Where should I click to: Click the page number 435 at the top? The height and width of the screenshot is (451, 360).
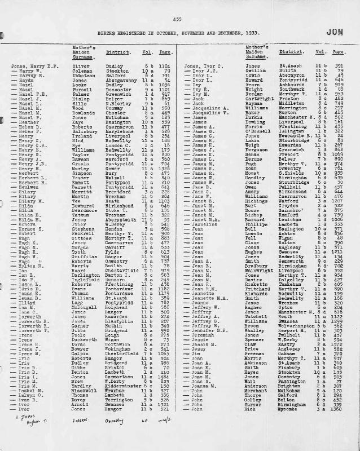[178, 19]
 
